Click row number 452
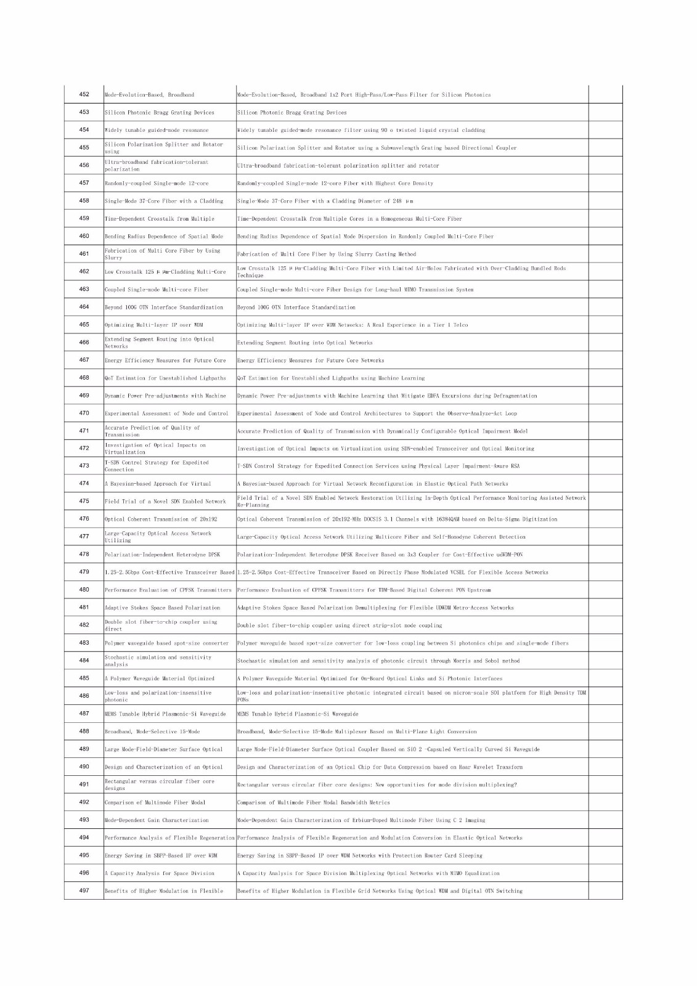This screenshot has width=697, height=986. point(84,94)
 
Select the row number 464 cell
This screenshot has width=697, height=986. point(84,307)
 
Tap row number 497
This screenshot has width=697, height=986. point(84,890)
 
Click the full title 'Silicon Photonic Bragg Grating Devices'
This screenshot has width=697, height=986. point(292,113)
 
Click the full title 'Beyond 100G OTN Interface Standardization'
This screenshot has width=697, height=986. point(296,308)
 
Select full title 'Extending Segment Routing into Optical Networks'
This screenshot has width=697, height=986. point(305,343)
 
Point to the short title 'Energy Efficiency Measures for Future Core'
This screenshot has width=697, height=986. point(165,361)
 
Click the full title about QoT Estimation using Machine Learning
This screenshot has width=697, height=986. point(331,378)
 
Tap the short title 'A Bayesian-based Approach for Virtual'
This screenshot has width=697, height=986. point(158,484)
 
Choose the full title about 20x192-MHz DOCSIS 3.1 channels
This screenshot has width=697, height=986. point(397,519)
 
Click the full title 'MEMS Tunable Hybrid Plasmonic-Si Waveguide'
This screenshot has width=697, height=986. point(298,714)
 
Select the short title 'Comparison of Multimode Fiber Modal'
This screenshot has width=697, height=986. point(155,802)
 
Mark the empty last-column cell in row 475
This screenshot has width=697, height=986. point(605,502)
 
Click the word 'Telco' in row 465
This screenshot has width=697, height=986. point(460,325)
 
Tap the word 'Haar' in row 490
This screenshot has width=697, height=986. point(465,767)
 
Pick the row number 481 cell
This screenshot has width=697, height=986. point(84,608)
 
